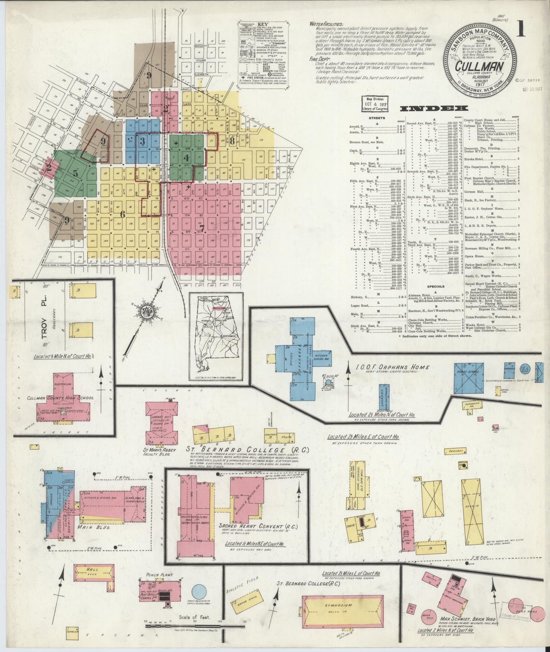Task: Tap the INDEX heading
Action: (x=429, y=109)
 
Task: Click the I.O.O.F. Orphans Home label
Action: (x=393, y=367)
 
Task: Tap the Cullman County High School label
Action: (x=61, y=398)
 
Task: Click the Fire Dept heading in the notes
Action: (x=320, y=59)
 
